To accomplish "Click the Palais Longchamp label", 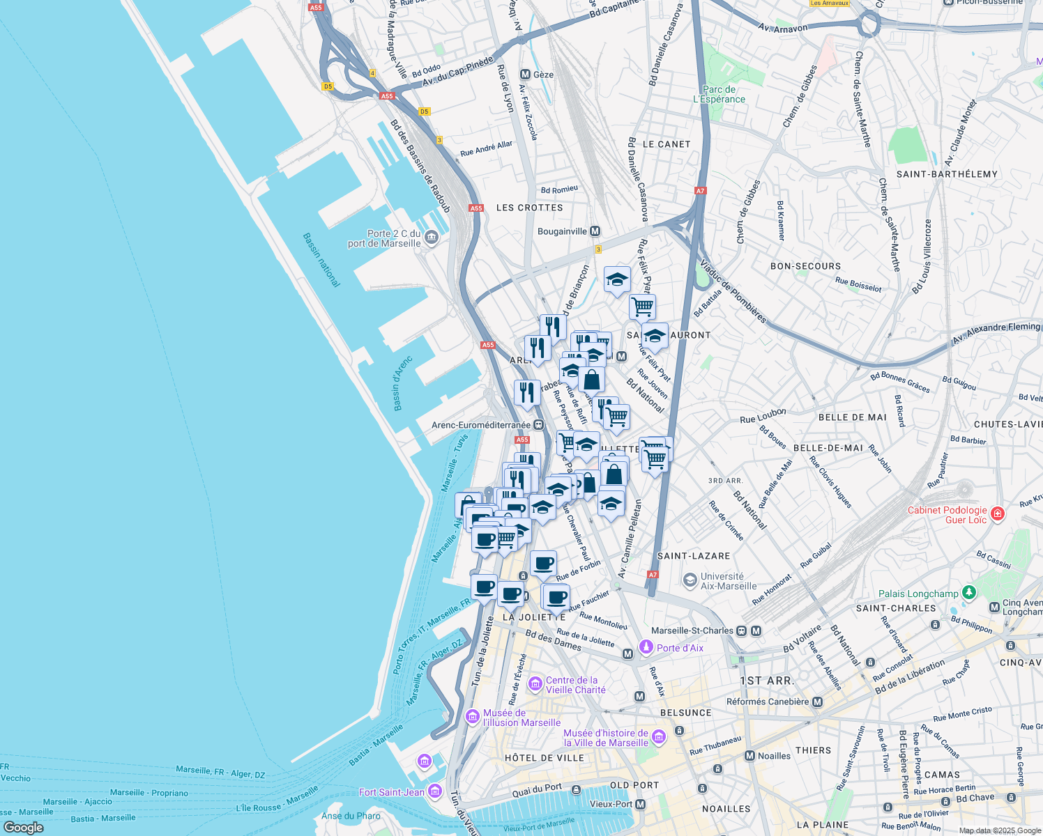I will (x=918, y=594).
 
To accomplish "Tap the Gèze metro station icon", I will (x=525, y=75).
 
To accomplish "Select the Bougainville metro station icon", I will (x=595, y=231).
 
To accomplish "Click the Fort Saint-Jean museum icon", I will (x=435, y=791).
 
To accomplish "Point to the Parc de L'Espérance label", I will (x=719, y=94).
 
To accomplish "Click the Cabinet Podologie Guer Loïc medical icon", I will (x=998, y=514).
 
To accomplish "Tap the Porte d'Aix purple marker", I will (x=646, y=647).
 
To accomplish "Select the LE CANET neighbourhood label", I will (x=667, y=144).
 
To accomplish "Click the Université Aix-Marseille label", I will (x=728, y=581).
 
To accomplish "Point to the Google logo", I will (x=24, y=827).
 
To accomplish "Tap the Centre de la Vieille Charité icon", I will (x=535, y=684).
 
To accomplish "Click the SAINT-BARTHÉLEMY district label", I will (x=946, y=174).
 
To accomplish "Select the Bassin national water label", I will (x=321, y=260).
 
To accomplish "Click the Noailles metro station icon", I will (x=749, y=756).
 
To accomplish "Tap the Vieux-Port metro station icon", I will (x=640, y=804).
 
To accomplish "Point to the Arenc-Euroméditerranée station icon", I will (x=538, y=425).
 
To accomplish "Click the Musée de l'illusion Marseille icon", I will (x=472, y=717).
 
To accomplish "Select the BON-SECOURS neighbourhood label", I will (x=805, y=266).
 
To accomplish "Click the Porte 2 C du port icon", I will (x=432, y=238).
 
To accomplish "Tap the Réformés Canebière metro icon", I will (x=818, y=702).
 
